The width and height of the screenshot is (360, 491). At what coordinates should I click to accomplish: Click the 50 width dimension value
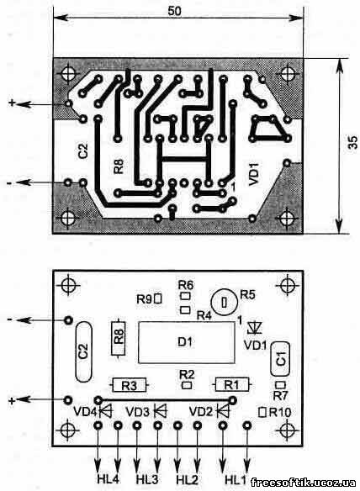174,11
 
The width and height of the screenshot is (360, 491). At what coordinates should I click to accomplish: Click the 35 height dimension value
352,142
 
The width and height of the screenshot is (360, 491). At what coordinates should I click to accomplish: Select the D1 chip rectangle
186,342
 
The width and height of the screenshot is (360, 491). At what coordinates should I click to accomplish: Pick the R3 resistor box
130,385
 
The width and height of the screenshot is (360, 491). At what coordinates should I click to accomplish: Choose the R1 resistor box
232,384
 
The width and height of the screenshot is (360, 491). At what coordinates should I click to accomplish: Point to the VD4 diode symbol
106,411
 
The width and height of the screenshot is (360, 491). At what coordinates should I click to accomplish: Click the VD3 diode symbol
160,410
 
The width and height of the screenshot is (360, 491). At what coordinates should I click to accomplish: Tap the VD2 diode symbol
223,410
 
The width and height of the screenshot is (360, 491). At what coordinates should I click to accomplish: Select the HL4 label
109,479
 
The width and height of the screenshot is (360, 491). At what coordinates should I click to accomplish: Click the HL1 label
236,479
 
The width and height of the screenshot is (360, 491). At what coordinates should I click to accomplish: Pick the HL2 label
187,479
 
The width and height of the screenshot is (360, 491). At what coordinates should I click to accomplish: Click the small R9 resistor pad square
158,298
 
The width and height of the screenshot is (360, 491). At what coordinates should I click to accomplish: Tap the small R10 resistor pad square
262,412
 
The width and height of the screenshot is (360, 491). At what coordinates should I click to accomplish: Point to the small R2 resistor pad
187,385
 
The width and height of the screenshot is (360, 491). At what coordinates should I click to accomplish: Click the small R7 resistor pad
280,385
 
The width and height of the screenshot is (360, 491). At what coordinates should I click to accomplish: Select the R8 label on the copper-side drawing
119,166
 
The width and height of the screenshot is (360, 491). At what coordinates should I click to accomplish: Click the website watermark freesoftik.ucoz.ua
303,483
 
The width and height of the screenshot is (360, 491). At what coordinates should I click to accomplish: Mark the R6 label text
186,285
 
